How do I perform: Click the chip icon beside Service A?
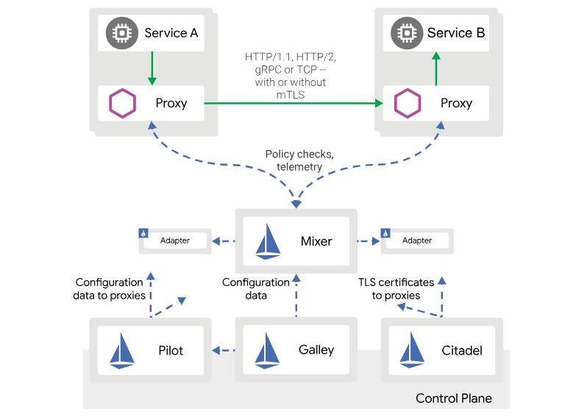point(120,33)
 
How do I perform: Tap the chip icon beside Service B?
point(405,33)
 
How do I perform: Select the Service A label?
point(171,33)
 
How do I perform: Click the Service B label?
point(455,33)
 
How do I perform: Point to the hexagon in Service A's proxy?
point(122,103)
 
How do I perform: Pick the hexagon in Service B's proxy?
point(406,103)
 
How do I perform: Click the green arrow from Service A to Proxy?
point(152,68)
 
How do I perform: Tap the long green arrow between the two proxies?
point(294,103)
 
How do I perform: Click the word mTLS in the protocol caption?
point(290,94)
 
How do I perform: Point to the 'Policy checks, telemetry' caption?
point(299,160)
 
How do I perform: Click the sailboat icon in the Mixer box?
point(269,241)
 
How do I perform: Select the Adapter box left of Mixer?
point(174,240)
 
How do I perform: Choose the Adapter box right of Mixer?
point(416,240)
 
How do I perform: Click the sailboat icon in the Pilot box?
point(122,350)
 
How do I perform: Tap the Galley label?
point(316,349)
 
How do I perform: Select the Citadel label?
point(462,350)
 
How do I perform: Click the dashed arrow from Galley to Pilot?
point(224,350)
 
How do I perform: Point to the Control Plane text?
point(453,399)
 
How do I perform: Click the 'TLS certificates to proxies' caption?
point(396,288)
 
